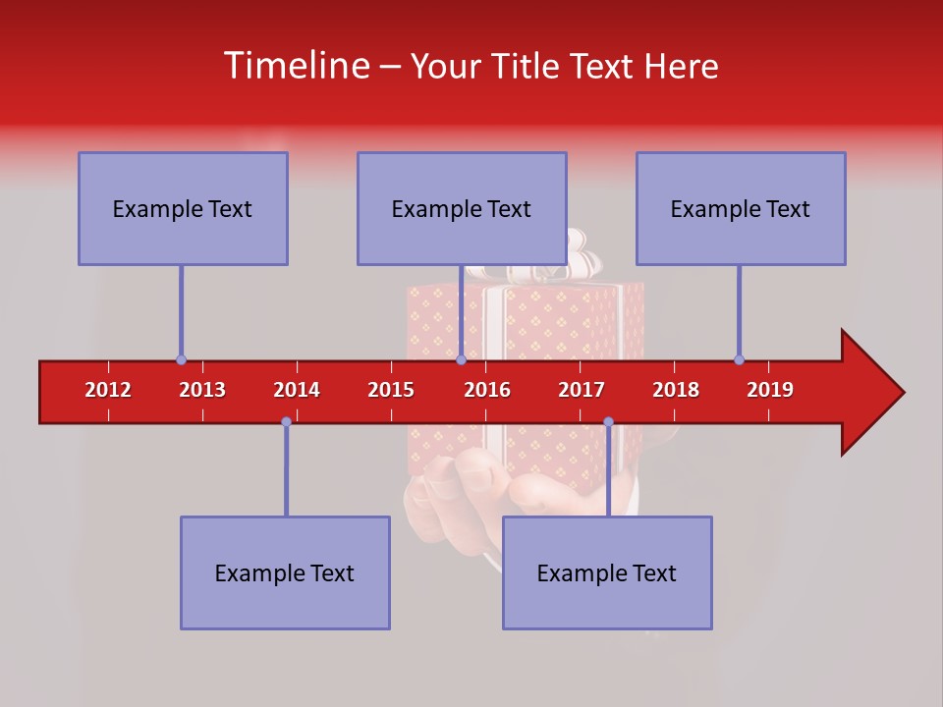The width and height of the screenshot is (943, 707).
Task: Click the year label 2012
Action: [108, 390]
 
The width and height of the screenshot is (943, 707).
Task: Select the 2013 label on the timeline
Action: [202, 390]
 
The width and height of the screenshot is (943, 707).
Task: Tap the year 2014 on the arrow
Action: [297, 390]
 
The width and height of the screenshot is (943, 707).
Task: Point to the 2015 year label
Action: [391, 390]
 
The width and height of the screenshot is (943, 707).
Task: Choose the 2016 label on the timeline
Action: [487, 390]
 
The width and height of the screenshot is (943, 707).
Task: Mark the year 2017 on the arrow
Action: [582, 390]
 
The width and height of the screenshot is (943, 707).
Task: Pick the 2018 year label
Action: [676, 390]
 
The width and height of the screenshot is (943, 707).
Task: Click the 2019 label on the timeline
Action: [770, 390]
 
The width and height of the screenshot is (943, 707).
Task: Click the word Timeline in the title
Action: [294, 66]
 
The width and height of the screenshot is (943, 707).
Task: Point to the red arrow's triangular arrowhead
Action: [870, 393]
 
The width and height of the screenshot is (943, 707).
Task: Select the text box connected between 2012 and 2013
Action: [183, 208]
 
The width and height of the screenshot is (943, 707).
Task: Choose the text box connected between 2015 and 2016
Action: [462, 208]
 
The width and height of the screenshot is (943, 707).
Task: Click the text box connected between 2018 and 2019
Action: [741, 208]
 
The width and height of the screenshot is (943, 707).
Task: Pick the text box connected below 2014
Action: [285, 572]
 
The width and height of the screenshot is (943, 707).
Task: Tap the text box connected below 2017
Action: [607, 572]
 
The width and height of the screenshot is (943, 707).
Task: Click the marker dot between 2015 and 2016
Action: [461, 360]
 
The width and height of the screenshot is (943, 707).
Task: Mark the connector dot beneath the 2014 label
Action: [286, 421]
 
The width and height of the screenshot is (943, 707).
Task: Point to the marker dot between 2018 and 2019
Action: [739, 360]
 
